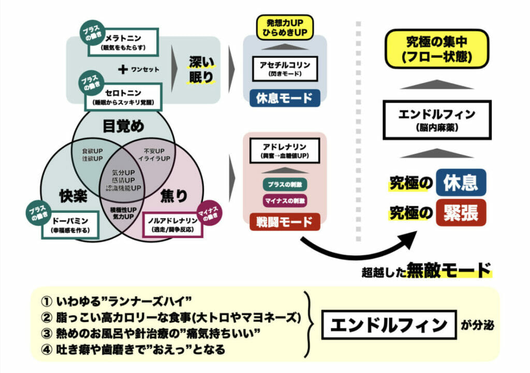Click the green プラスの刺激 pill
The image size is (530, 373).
(x=285, y=184)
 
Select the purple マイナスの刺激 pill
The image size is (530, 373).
(x=285, y=200)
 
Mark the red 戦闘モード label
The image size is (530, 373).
(x=285, y=222)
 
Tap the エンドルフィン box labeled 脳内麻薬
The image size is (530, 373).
(x=437, y=120)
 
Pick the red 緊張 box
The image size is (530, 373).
(x=461, y=212)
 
